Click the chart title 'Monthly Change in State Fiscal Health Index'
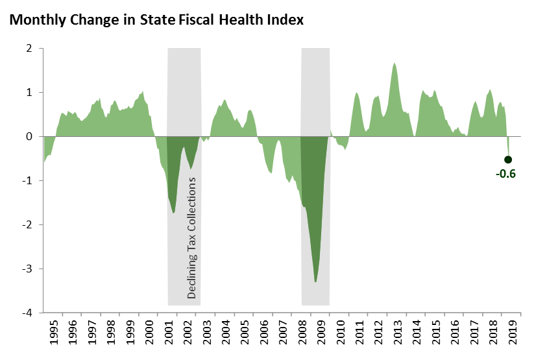pyautogui.click(x=156, y=19)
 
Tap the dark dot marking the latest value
pyautogui.click(x=508, y=160)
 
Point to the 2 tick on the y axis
pyautogui.click(x=29, y=49)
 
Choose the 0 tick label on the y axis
pyautogui.click(x=29, y=137)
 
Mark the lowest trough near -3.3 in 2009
pyautogui.click(x=315, y=281)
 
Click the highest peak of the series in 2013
pyautogui.click(x=394, y=64)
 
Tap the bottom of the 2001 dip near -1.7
pyautogui.click(x=174, y=212)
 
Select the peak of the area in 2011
pyautogui.click(x=356, y=93)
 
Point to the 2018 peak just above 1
pyautogui.click(x=489, y=90)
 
